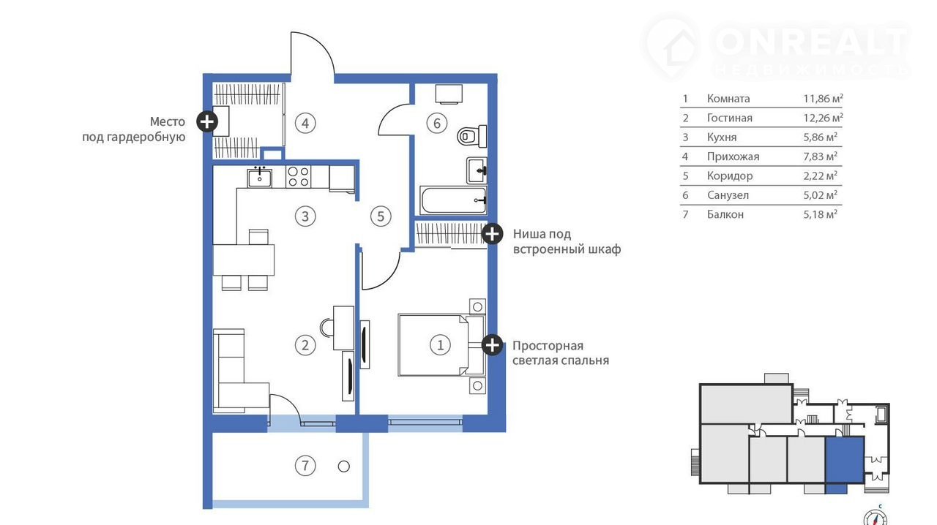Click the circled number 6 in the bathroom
click(x=437, y=124)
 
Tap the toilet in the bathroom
click(x=472, y=136)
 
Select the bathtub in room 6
click(x=453, y=200)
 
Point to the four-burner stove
click(x=299, y=177)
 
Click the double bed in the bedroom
click(x=441, y=345)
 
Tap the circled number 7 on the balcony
click(x=305, y=466)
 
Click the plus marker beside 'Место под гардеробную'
click(x=207, y=121)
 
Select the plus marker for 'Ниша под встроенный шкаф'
click(x=492, y=234)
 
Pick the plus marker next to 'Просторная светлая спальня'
click(x=492, y=345)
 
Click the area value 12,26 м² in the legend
click(x=823, y=118)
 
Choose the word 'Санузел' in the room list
click(x=728, y=195)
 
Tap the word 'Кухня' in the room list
click(x=722, y=137)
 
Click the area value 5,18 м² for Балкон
click(x=821, y=214)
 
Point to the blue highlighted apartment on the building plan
click(x=845, y=461)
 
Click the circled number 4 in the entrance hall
click(x=305, y=124)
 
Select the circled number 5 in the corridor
click(x=381, y=216)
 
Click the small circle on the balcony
click(x=344, y=466)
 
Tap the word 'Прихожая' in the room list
click(x=733, y=156)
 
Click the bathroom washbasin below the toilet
click(x=477, y=170)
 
